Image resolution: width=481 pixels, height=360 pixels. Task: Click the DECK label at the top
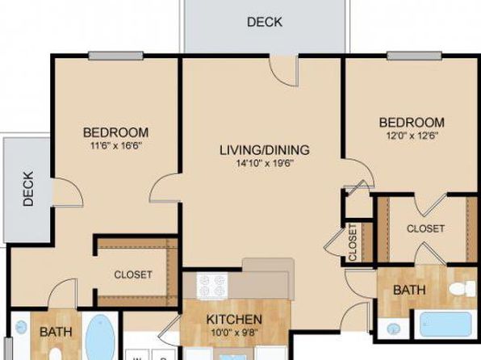[x=265, y=22]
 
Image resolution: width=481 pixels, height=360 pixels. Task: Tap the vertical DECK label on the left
[x=28, y=189]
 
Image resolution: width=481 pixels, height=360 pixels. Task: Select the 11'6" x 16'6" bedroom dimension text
[x=116, y=145]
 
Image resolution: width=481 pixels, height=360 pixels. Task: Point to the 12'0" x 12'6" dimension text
[x=412, y=136]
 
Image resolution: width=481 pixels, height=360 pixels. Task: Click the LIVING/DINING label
[x=265, y=150]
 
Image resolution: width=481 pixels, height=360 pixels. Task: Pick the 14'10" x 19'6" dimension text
[x=265, y=163]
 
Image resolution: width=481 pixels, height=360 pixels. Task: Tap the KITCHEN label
[x=234, y=320]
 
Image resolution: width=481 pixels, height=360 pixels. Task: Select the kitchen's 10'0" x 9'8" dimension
[x=234, y=332]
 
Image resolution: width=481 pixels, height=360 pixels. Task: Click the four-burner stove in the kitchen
[x=212, y=286]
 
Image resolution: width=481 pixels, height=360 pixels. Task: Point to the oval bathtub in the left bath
[x=100, y=337]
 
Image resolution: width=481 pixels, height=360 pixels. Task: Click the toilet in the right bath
[x=462, y=289]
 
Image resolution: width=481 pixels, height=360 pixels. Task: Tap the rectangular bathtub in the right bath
[x=445, y=324]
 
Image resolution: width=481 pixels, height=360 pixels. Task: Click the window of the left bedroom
[x=116, y=56]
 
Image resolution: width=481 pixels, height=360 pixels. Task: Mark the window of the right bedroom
[x=415, y=56]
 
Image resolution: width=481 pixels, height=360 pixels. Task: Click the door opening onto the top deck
[x=283, y=70]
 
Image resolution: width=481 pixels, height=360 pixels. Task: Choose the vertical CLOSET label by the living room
[x=353, y=242]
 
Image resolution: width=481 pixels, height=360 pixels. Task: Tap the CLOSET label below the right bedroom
[x=425, y=228]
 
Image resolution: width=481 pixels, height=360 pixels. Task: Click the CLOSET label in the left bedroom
[x=133, y=274]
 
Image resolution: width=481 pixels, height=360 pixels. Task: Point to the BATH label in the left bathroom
[x=56, y=332]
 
